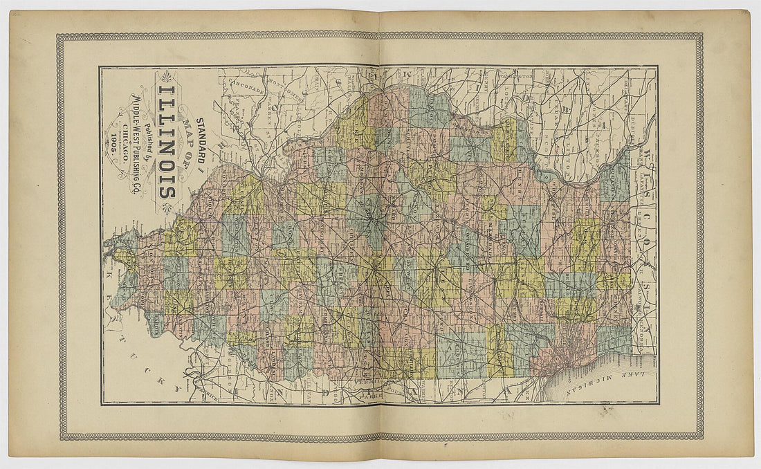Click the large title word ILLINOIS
coord(166,142)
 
